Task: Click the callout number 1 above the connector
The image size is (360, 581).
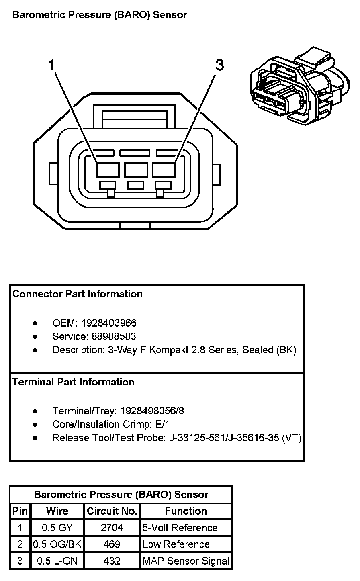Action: coord(51,65)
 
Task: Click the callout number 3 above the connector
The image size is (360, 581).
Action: coord(219,65)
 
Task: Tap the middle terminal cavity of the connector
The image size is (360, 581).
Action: coord(136,170)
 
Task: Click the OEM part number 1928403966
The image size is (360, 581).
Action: coord(109,323)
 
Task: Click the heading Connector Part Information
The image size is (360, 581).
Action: coord(78,294)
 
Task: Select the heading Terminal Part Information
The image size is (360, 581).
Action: coord(74,382)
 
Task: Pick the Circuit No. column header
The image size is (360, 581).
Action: coord(112,511)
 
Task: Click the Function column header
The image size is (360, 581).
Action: coord(186,511)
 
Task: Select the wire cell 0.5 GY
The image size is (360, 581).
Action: coord(57,528)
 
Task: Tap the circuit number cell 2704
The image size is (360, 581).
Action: coord(112,528)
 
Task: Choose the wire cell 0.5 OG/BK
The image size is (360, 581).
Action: coord(57,544)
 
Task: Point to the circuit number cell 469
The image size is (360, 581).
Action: coord(112,544)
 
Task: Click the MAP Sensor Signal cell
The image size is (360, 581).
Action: coord(186,561)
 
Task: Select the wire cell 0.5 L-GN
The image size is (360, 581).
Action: coord(57,561)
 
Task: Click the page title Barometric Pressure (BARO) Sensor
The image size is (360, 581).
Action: coord(100,15)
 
